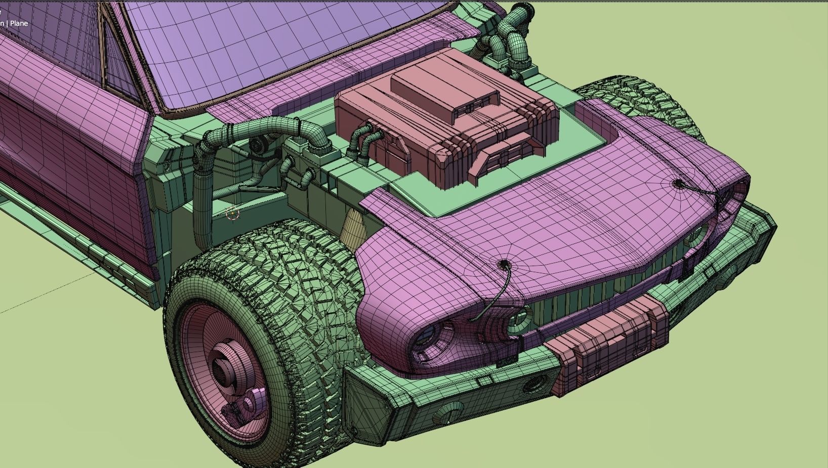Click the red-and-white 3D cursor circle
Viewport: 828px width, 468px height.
(232, 214)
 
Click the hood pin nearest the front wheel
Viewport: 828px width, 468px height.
(503, 265)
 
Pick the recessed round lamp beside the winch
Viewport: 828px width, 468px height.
(532, 385)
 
